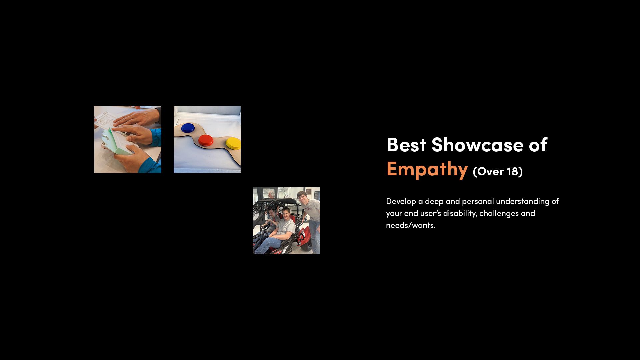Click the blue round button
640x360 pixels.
(x=188, y=128)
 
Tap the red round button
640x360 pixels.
(x=206, y=140)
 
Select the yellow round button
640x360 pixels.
(x=233, y=143)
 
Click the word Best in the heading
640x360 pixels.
(x=406, y=145)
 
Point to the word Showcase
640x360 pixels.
(x=477, y=145)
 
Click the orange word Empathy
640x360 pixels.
(x=427, y=169)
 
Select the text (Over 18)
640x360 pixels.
(x=498, y=171)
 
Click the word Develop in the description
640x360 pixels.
(x=401, y=202)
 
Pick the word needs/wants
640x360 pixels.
(x=411, y=225)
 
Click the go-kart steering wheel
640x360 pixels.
(x=265, y=229)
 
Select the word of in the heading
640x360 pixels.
(x=538, y=145)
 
